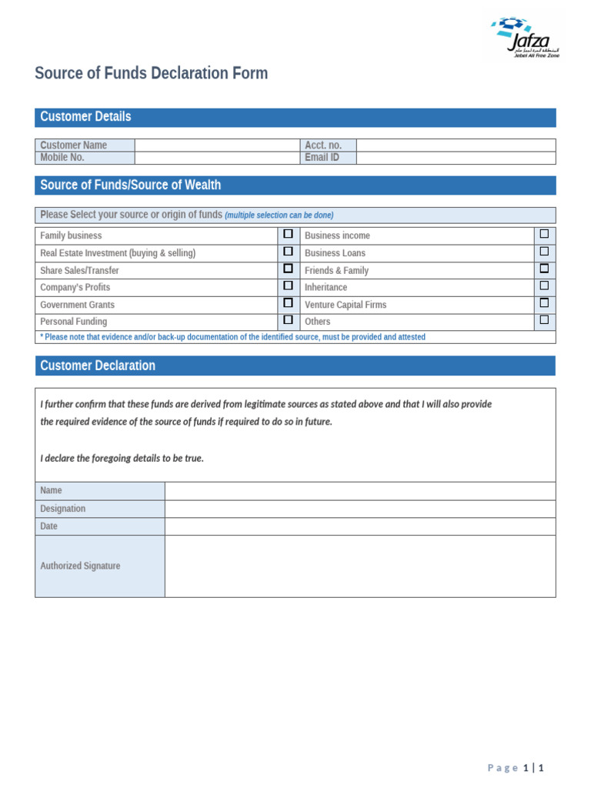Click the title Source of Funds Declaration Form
152,74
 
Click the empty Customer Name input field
217,145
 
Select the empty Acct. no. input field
456,145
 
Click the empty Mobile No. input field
217,158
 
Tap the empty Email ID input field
456,158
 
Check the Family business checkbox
289,234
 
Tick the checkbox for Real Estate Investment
289,252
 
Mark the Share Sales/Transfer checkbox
289,269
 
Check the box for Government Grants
289,304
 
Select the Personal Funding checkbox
289,320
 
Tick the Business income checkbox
544,234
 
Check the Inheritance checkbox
544,286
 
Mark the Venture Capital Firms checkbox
544,304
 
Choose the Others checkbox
544,320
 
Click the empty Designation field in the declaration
359,509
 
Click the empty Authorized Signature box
359,566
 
